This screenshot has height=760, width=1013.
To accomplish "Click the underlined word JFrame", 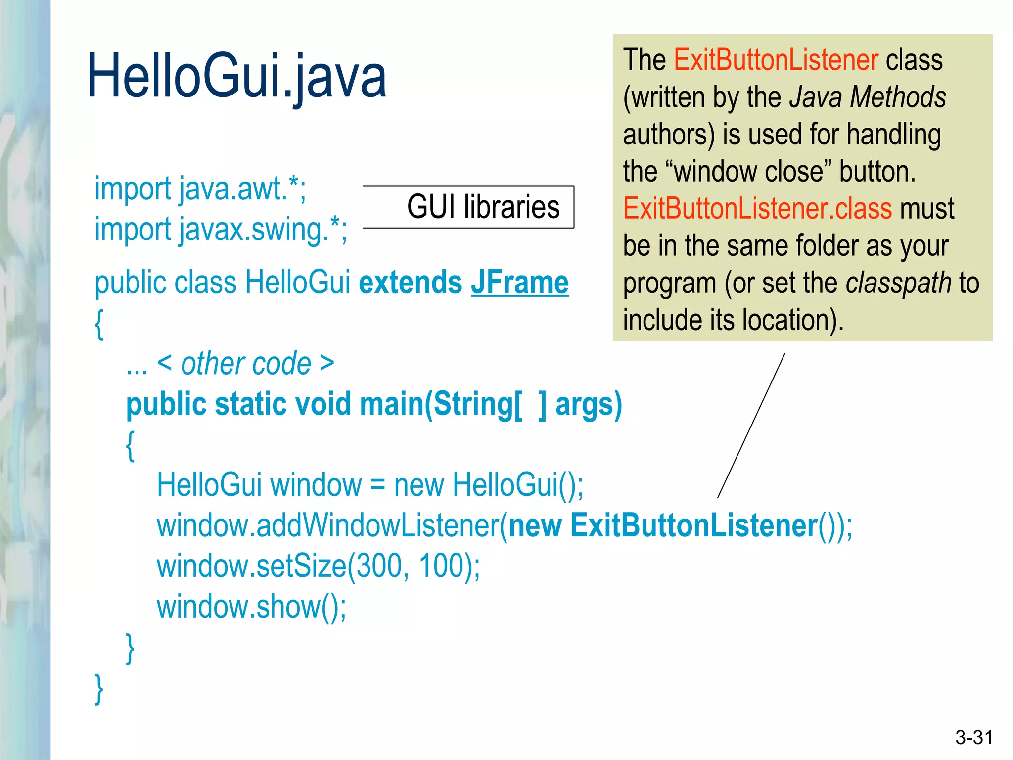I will tap(519, 283).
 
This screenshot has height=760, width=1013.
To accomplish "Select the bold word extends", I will tap(411, 283).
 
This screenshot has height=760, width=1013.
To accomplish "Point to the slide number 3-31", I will tap(974, 737).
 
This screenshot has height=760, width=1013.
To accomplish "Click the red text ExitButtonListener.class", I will tap(757, 208).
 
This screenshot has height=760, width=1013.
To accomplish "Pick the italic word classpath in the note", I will tap(898, 283).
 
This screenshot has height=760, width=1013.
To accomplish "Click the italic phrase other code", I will tap(246, 364).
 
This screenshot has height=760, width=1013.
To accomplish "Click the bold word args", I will tap(588, 404).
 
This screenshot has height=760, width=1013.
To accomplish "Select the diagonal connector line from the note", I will tap(751, 426).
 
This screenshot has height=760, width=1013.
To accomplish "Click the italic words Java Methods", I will tap(868, 97).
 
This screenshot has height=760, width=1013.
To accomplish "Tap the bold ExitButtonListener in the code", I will tap(693, 525).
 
